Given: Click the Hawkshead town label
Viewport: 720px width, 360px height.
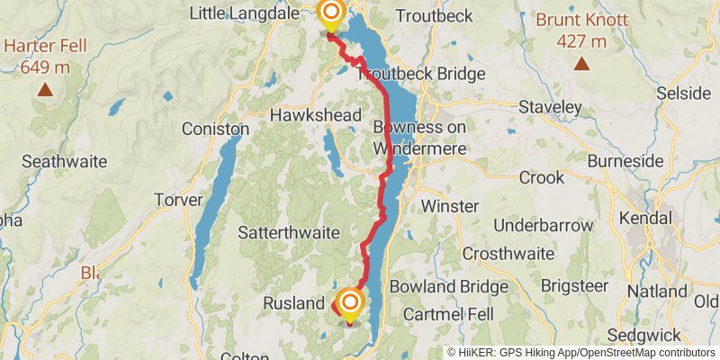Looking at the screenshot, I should [x=316, y=115].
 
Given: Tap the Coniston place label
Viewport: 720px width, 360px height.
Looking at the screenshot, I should [x=215, y=129].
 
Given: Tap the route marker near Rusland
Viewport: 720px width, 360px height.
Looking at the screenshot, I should [x=349, y=303].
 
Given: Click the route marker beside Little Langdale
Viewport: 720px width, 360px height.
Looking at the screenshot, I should [x=331, y=13].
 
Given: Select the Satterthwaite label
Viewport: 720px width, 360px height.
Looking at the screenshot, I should [x=288, y=232].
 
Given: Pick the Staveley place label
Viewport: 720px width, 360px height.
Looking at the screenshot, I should [x=551, y=107].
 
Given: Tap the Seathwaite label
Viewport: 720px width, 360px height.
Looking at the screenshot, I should [x=64, y=162].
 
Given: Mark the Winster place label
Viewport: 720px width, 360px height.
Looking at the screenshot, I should [x=449, y=206].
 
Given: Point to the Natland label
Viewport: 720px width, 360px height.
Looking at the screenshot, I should [x=658, y=292].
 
